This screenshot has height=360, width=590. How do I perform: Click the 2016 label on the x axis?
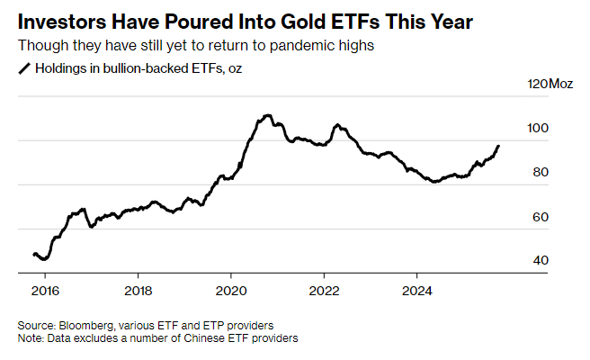click(44, 291)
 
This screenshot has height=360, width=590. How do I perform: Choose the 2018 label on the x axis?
click(138, 291)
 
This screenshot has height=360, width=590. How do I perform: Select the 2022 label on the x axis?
click(324, 291)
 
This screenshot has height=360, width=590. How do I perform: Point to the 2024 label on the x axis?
click(416, 291)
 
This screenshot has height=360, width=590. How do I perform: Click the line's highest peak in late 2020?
click(267, 115)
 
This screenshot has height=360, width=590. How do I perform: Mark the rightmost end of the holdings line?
click(499, 146)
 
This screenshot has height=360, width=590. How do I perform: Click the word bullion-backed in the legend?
click(131, 67)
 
